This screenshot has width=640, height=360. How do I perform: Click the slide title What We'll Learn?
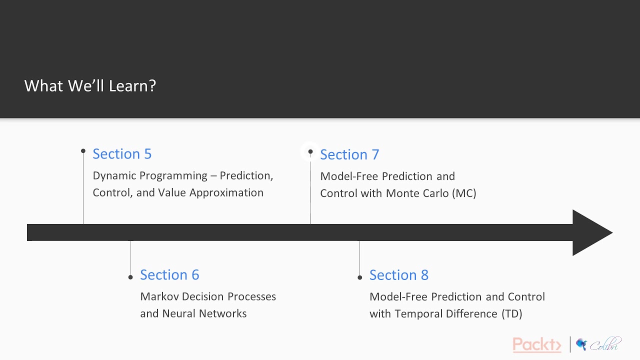90,86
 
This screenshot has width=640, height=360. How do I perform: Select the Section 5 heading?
122,154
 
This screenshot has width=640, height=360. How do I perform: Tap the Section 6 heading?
169,275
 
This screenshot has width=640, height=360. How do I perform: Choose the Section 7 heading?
349,155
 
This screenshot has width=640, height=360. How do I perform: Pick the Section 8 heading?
398,275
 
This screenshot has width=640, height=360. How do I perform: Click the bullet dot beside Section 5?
83,150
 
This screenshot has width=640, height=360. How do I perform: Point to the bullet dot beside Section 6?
130,277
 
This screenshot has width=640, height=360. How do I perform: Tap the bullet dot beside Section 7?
310,151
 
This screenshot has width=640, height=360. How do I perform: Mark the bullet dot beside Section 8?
360,277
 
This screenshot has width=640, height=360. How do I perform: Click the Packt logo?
536,344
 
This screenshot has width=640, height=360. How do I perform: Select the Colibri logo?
598,344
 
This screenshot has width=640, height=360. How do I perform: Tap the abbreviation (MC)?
464,193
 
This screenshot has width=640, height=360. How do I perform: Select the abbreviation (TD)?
511,314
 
